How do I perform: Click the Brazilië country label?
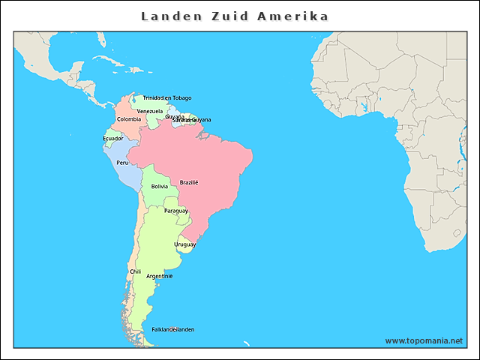[189, 182]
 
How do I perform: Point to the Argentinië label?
[159, 276]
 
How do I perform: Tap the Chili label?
[135, 271]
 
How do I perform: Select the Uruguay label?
[184, 244]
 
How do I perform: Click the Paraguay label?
[176, 211]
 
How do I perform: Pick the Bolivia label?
[159, 186]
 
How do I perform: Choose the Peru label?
[122, 163]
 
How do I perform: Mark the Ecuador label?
[113, 138]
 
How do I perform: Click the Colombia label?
[128, 119]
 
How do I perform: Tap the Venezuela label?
[150, 111]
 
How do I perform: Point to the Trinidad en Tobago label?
[166, 97]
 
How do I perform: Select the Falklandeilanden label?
[173, 329]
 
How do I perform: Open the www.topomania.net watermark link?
[424, 340]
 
